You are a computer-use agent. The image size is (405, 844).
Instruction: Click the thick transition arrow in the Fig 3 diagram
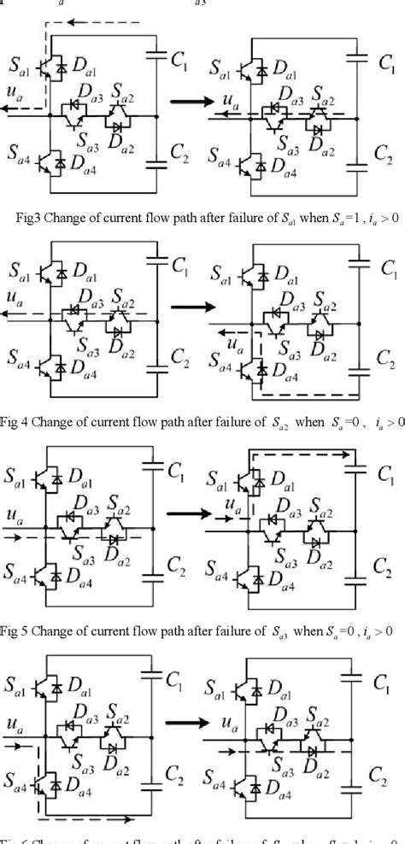(x=189, y=103)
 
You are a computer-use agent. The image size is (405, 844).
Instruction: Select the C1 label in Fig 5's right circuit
(x=385, y=474)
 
